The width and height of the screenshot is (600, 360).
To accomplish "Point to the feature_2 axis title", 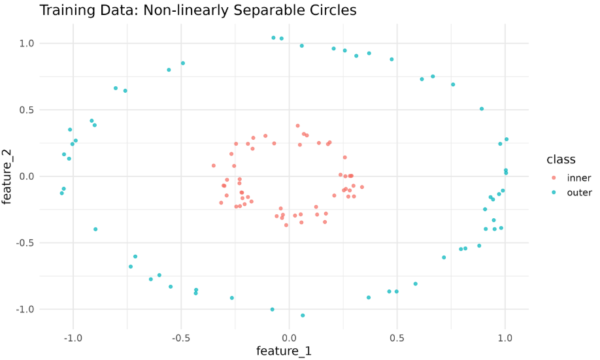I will coord(7,176).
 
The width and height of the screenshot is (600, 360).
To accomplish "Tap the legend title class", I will coord(561,159).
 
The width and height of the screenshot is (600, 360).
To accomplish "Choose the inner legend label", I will coord(579,178).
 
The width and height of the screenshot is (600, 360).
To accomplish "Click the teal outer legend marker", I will coord(554,192).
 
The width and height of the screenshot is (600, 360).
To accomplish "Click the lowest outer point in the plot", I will coord(303,316).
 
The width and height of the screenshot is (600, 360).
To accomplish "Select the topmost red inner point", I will coord(297,126).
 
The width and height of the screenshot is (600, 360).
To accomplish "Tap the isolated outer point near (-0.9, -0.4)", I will coord(95,229).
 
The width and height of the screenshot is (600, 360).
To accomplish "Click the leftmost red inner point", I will coord(214,166).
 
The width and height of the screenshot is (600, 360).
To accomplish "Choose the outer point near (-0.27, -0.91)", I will coord(232,298).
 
